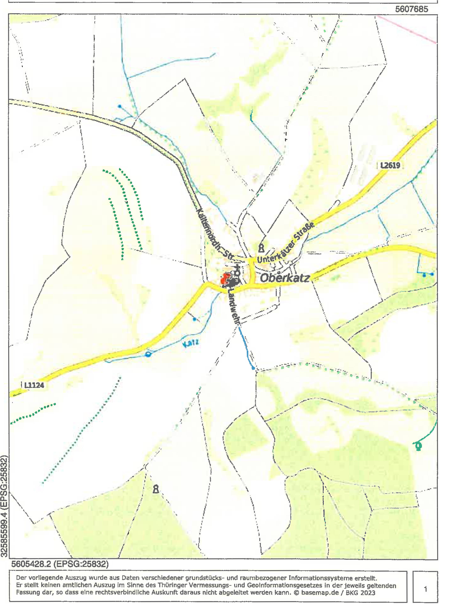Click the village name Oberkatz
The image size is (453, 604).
pos(285,278)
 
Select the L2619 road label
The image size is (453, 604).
pos(390,165)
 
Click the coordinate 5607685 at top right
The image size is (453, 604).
pos(412,9)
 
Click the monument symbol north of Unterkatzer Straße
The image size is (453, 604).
pos(261,248)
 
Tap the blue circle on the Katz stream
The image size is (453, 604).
pos(148,354)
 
